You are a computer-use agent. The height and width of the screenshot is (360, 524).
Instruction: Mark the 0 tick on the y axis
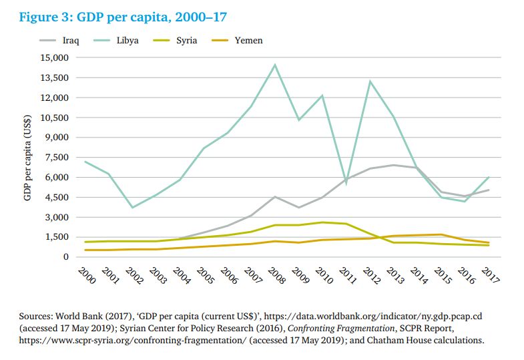[65, 257]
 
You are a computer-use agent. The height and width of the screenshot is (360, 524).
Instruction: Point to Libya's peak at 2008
[274, 65]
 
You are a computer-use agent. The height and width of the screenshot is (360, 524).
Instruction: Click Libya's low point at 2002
[133, 207]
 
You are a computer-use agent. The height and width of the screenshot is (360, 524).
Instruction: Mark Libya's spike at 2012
[370, 81]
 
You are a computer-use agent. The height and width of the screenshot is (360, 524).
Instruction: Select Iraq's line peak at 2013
[394, 165]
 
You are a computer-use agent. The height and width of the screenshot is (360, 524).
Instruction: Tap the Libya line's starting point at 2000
[85, 162]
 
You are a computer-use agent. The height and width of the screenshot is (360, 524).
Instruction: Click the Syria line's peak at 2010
[322, 222]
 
